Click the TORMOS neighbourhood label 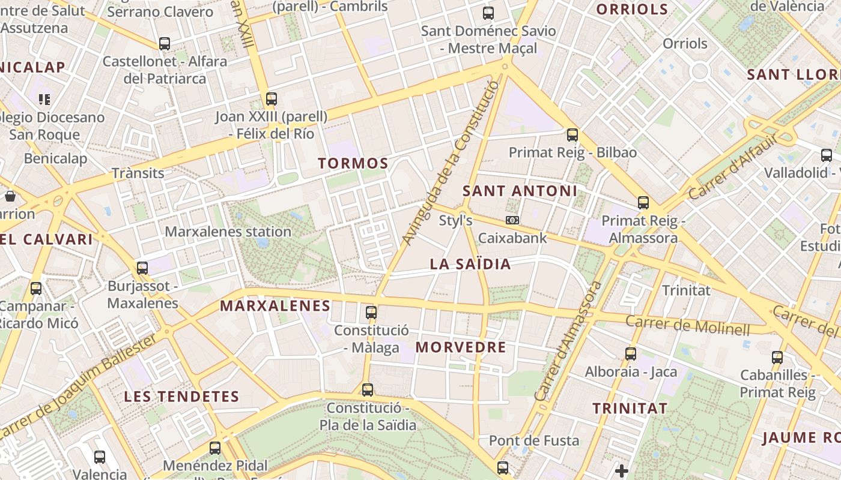point(353,163)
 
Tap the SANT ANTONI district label point(520,191)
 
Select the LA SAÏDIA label point(470,264)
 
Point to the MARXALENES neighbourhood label point(275,306)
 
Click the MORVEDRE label point(461,347)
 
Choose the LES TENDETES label point(181,397)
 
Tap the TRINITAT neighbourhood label point(630,409)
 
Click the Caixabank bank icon point(512,220)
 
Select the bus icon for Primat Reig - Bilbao point(572,134)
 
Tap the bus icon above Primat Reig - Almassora point(643,202)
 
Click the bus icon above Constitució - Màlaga point(371,312)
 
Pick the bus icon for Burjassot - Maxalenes point(142,268)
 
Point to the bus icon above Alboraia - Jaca point(631,353)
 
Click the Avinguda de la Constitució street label point(451,163)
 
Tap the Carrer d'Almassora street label point(568,341)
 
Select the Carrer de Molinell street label point(688,325)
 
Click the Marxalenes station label point(228,232)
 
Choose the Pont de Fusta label point(534,441)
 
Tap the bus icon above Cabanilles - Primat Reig point(777,358)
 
